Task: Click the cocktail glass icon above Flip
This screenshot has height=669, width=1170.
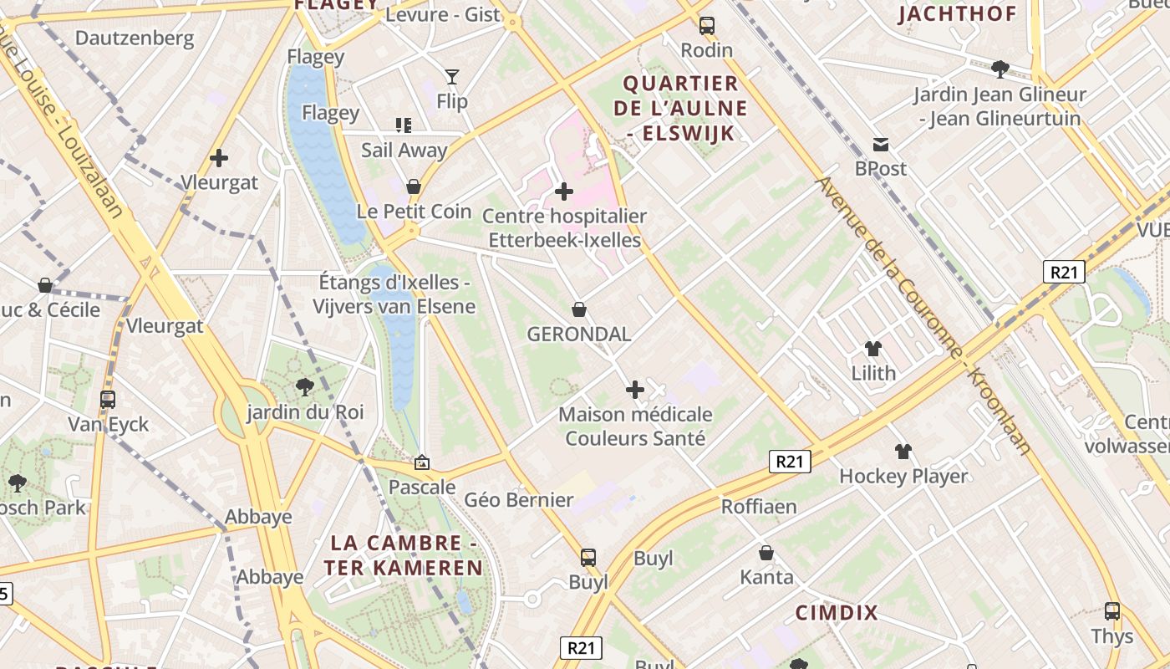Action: click(451, 77)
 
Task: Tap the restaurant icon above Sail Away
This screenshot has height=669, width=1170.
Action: click(404, 125)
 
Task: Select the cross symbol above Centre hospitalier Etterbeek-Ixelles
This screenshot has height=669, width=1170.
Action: click(564, 192)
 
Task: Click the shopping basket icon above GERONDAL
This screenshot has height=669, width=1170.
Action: click(578, 310)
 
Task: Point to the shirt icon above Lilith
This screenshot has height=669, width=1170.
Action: click(873, 349)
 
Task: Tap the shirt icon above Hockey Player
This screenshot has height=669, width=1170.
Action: click(903, 452)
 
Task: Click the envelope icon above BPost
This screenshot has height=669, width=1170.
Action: click(881, 144)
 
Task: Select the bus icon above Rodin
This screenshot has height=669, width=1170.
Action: click(707, 26)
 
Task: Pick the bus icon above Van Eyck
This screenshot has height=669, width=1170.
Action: click(108, 400)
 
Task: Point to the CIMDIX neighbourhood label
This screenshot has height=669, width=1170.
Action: click(837, 613)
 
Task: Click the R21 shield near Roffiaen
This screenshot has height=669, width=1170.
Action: click(790, 461)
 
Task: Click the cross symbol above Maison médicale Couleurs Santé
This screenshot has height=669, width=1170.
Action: click(635, 390)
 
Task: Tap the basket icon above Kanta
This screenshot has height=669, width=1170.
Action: click(766, 553)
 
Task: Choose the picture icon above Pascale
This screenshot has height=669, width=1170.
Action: click(422, 462)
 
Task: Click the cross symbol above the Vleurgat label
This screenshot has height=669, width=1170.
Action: click(219, 157)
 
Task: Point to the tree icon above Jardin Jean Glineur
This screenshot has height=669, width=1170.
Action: click(1000, 69)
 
